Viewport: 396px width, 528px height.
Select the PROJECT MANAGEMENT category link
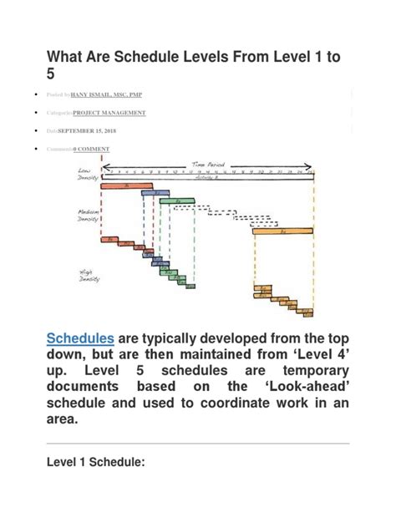109,112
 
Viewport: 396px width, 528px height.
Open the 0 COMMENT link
91,149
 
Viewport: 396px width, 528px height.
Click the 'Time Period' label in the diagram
208,165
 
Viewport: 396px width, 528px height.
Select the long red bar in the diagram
122,186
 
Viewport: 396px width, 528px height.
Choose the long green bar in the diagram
177,201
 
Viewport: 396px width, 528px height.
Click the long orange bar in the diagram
283,231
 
